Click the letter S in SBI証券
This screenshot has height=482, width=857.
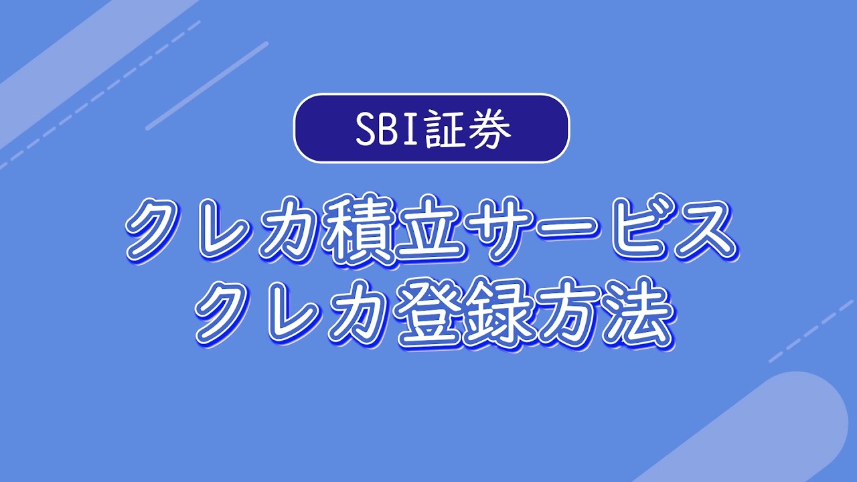tap(366, 129)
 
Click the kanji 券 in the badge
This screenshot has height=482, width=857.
tap(491, 129)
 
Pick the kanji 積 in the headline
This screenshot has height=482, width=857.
tap(356, 230)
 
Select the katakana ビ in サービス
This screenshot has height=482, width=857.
tap(631, 230)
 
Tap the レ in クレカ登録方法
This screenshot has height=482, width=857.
tap(294, 312)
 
